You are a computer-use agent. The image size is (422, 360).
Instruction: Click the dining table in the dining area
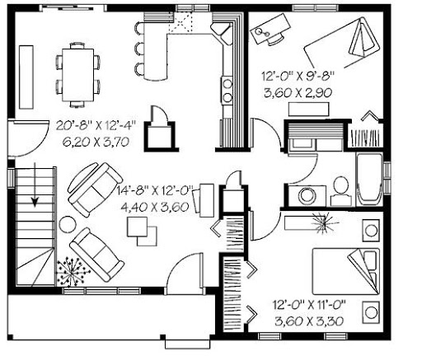click(77, 75)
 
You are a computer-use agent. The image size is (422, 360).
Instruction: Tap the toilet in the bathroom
click(341, 191)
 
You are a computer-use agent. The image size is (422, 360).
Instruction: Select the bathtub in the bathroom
click(369, 180)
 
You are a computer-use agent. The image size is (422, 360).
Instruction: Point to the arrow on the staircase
click(35, 184)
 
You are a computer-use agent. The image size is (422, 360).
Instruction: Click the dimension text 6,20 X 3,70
click(96, 142)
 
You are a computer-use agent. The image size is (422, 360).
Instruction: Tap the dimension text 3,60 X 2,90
click(298, 92)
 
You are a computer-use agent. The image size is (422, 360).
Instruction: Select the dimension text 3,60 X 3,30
click(309, 320)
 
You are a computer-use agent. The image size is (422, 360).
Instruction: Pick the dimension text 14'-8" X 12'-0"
click(155, 190)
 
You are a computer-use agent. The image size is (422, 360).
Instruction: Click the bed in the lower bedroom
click(346, 271)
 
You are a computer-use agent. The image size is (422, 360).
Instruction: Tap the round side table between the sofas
click(68, 224)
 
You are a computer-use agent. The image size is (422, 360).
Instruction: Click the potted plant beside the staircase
click(73, 272)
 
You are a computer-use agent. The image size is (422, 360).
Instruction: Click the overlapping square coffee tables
click(142, 231)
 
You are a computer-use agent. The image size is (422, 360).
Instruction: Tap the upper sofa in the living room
click(95, 189)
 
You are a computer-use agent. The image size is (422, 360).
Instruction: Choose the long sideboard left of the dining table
click(26, 77)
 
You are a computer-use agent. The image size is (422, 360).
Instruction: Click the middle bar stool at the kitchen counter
click(138, 49)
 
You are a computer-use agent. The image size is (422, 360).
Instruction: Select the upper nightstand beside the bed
click(371, 231)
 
